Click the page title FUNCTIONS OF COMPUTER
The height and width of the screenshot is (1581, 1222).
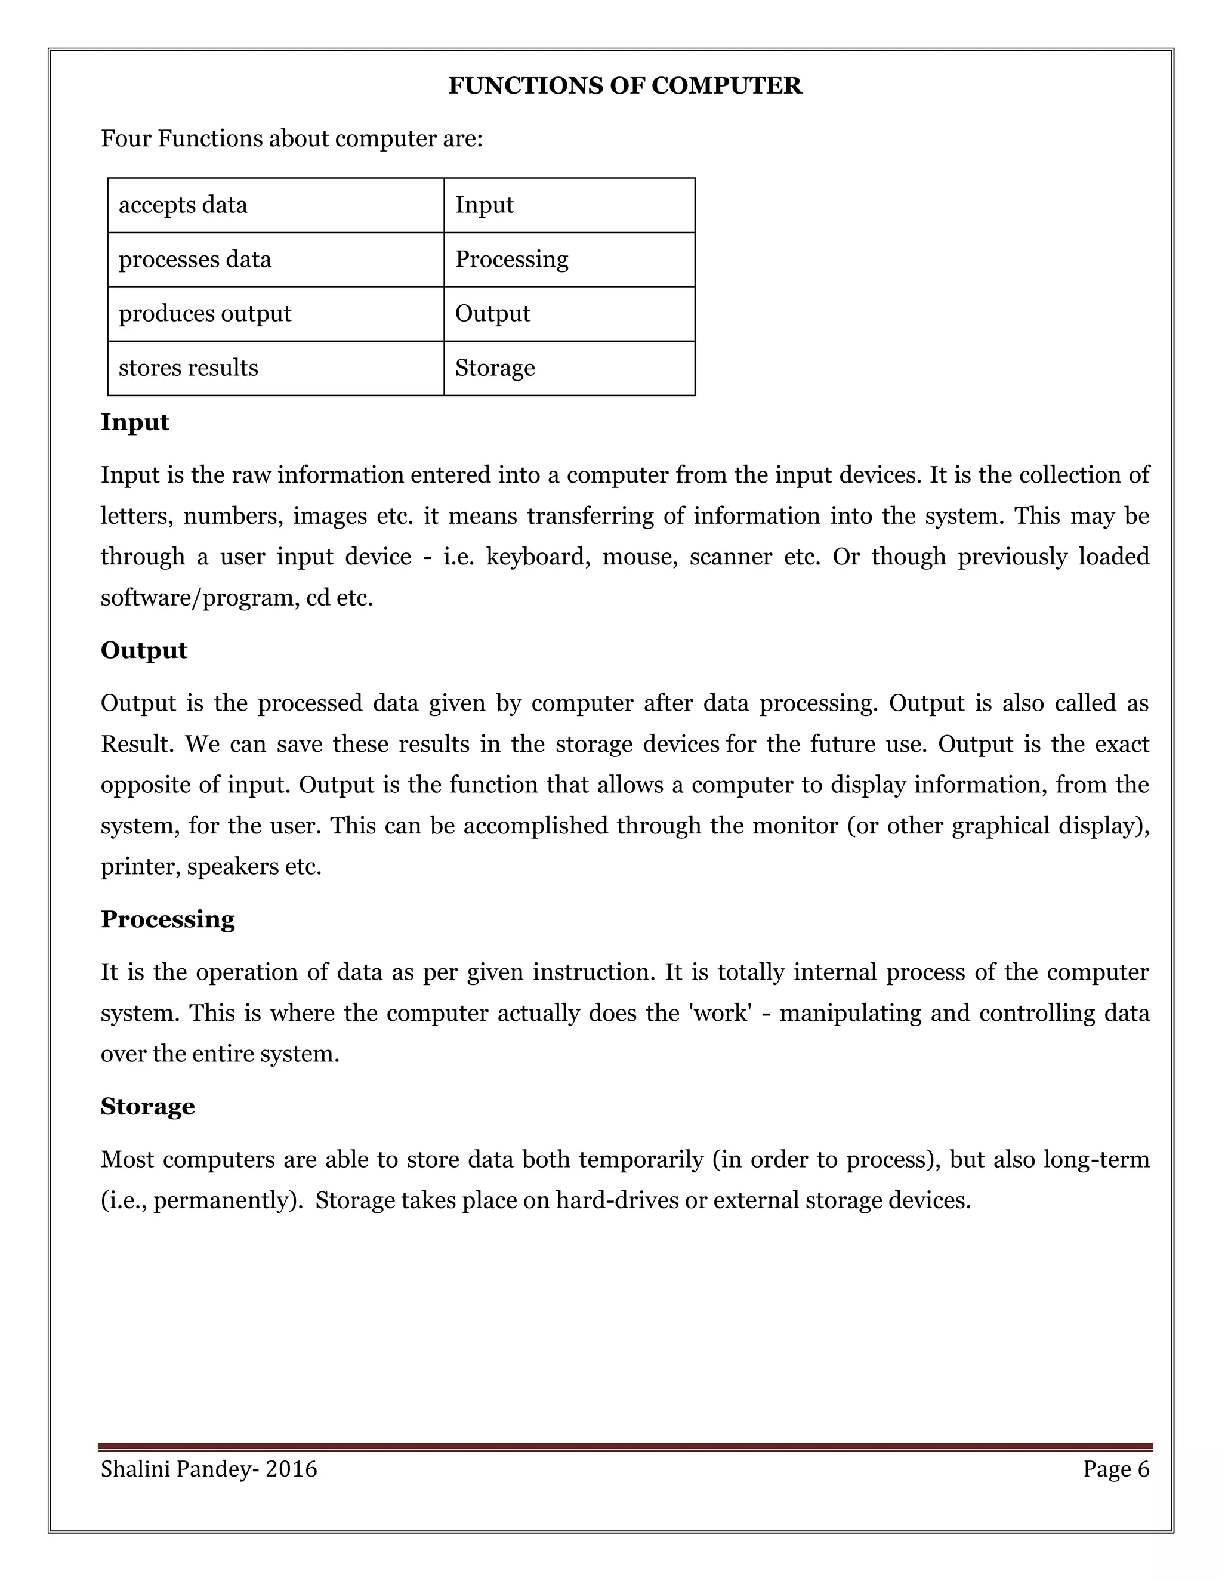625,86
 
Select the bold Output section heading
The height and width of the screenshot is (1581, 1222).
144,650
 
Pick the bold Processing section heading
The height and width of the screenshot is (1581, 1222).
168,919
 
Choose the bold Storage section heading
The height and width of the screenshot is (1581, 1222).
148,1106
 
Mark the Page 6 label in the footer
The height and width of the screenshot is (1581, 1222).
1116,1469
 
